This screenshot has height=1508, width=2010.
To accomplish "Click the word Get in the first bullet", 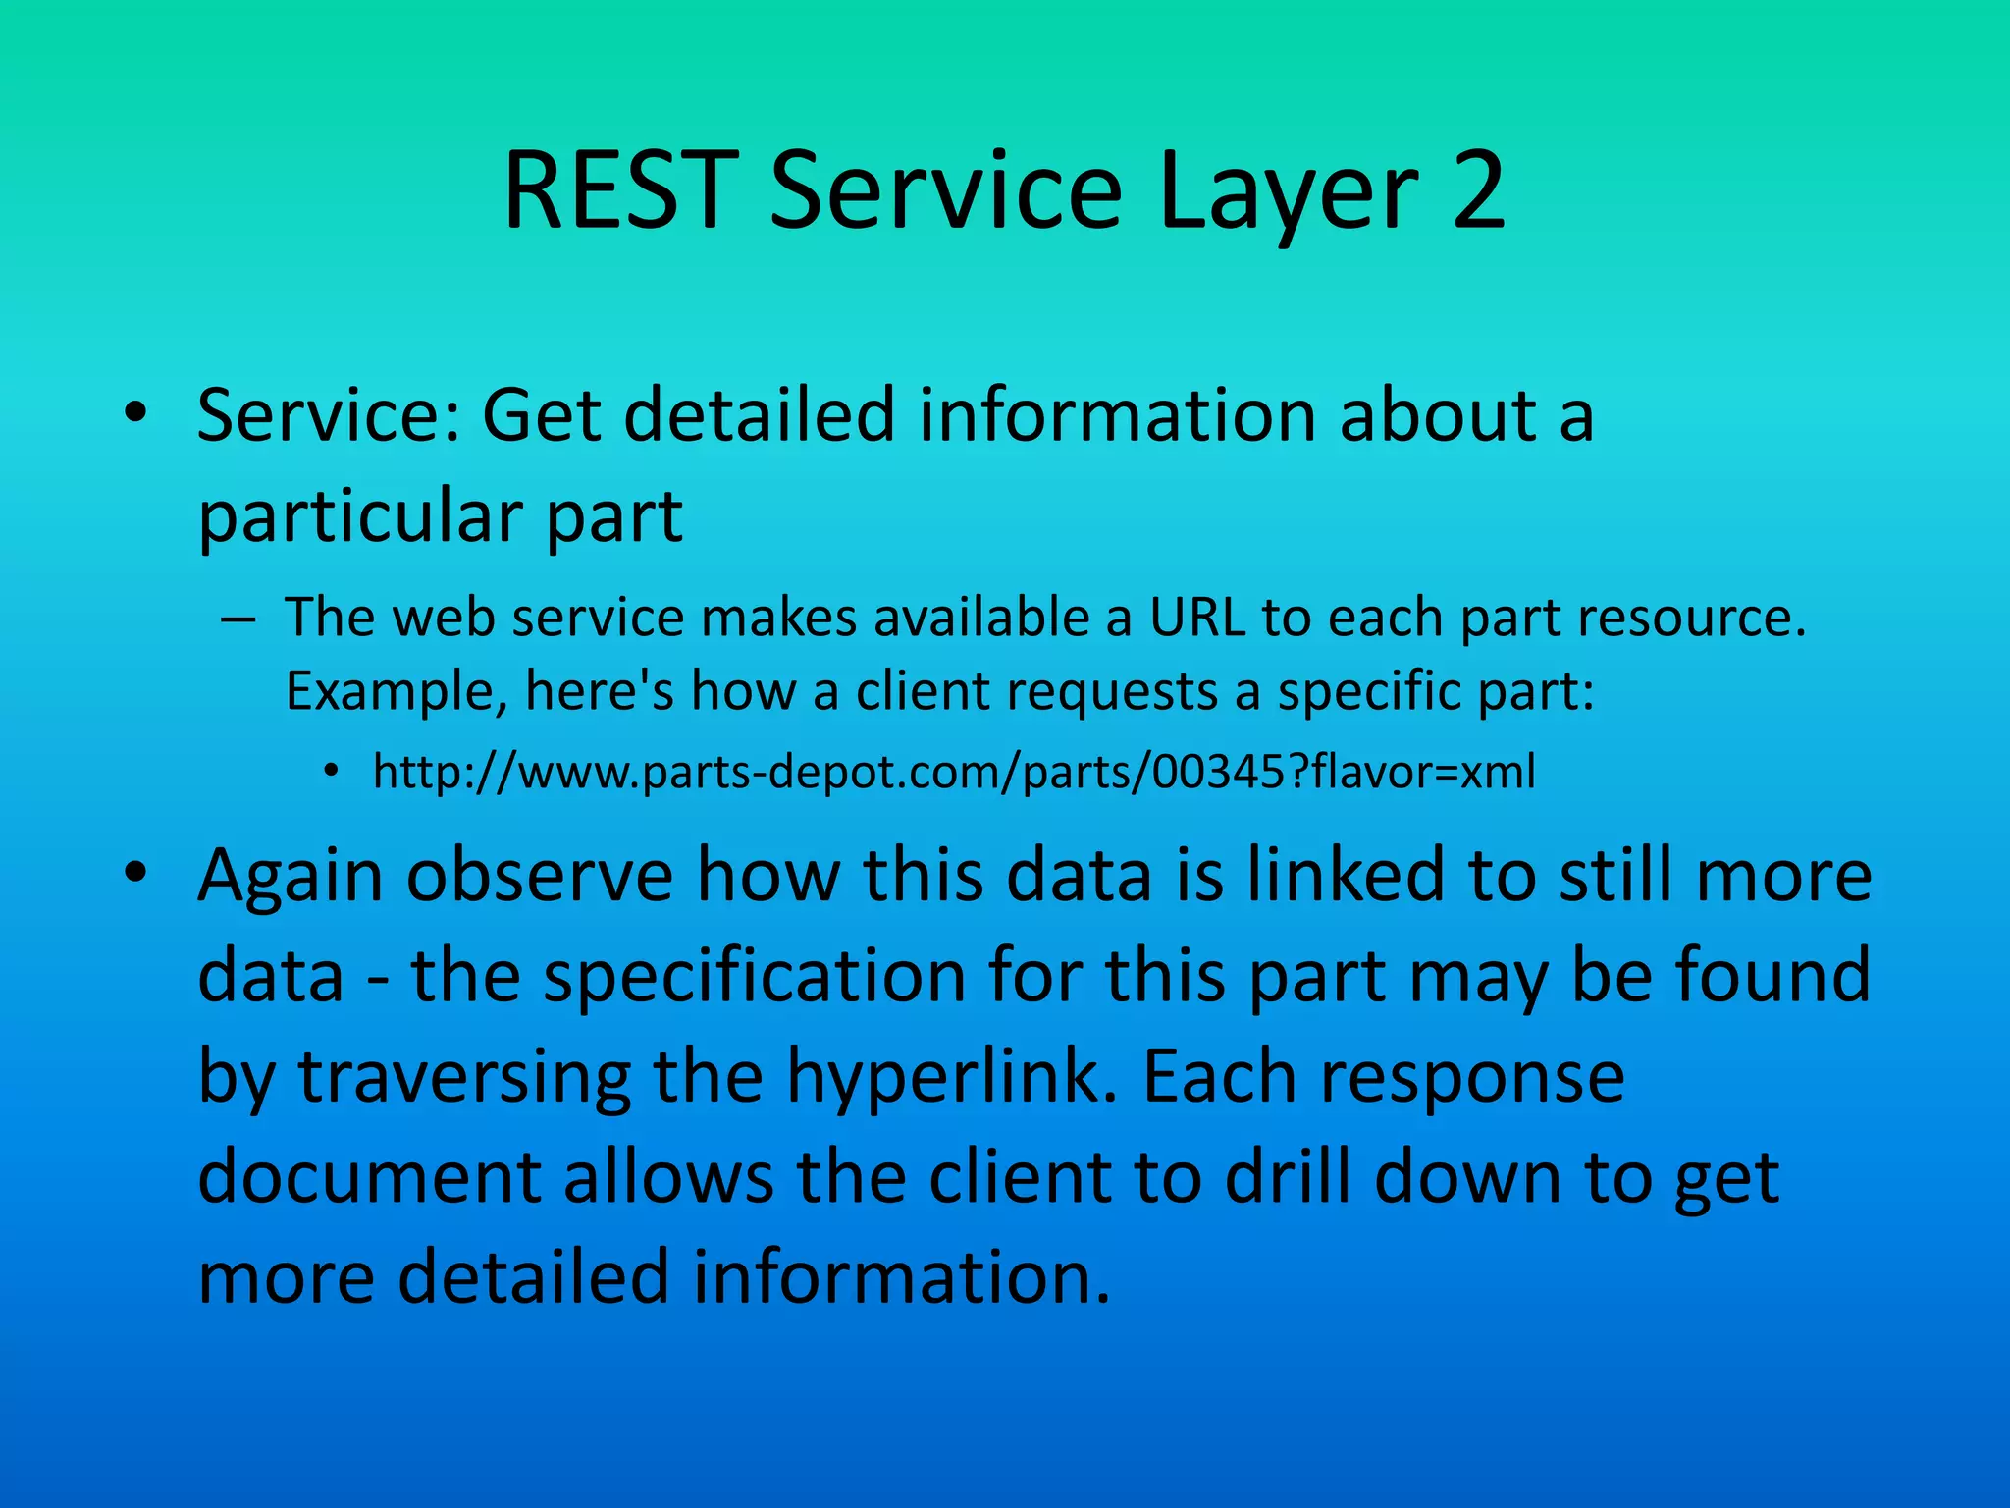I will click(x=541, y=414).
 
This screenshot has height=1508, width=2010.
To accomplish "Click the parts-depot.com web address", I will click(x=954, y=773).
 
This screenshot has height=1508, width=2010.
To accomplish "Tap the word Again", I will click(x=291, y=876).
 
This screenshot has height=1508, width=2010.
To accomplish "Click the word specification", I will click(x=755, y=976).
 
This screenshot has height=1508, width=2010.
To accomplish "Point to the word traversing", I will click(x=464, y=1077).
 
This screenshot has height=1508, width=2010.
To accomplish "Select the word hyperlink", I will click(x=952, y=1077).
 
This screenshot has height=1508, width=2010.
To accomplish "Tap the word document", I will click(x=369, y=1177).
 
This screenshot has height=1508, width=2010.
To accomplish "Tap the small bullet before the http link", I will click(x=331, y=772).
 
